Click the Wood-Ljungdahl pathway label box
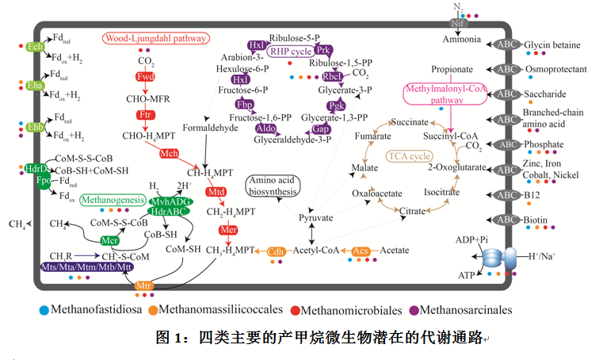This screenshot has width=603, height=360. (x=156, y=38)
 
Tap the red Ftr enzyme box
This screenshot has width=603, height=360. (x=145, y=116)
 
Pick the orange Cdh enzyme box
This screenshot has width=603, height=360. (x=277, y=251)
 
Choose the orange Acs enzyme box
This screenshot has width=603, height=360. (x=361, y=251)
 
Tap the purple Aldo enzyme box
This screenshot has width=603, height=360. (x=265, y=128)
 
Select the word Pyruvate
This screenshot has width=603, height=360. (x=315, y=216)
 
